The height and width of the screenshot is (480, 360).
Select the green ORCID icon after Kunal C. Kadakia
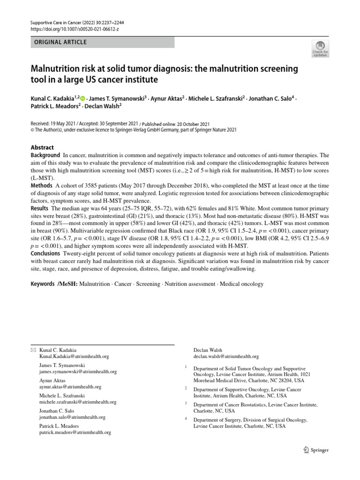tap(83, 99)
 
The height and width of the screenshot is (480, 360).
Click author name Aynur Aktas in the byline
tap(166, 98)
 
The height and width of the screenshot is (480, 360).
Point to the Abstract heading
tap(42, 147)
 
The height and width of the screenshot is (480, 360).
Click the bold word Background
tap(45, 155)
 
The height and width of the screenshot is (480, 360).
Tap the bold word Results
tap(40, 208)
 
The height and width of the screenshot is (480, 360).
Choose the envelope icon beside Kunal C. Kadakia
tap(33, 350)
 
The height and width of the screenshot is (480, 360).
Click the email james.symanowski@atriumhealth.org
tap(78, 371)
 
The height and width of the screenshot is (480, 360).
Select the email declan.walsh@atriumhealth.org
tap(226, 356)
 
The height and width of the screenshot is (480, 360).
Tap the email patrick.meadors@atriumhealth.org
tap(75, 433)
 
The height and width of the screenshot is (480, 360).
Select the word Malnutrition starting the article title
tap(55, 69)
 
